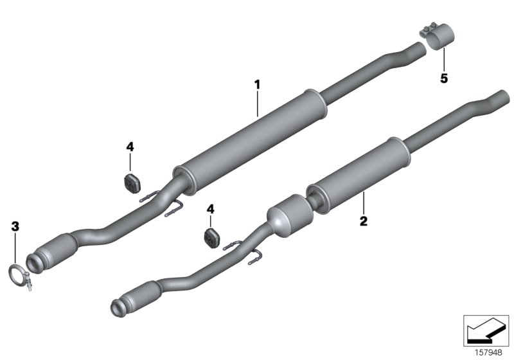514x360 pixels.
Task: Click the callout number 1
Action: coord(257,84)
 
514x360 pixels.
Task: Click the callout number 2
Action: coord(363,221)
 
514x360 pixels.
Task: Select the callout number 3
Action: coord(15,226)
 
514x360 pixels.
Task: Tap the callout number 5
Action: coord(443,79)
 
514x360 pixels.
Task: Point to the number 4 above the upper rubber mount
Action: coord(130,147)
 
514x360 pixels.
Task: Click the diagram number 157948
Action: coord(488,351)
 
